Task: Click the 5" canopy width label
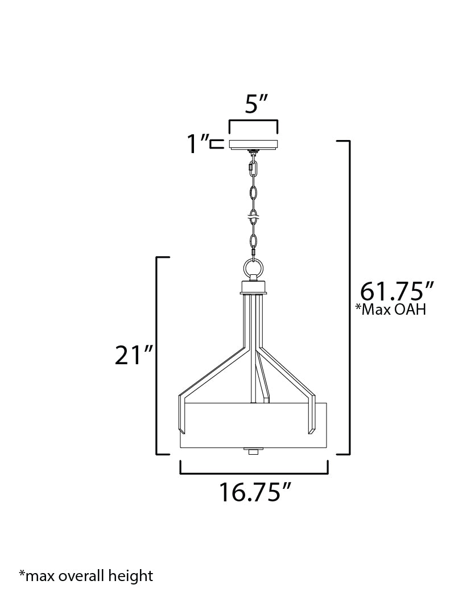[256, 104]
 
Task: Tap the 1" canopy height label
[197, 144]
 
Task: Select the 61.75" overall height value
[396, 291]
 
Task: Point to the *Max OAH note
[391, 310]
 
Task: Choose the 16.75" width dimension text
[255, 492]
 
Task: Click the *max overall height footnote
[86, 576]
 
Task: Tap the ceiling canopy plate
[254, 144]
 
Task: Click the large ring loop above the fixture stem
[253, 269]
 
